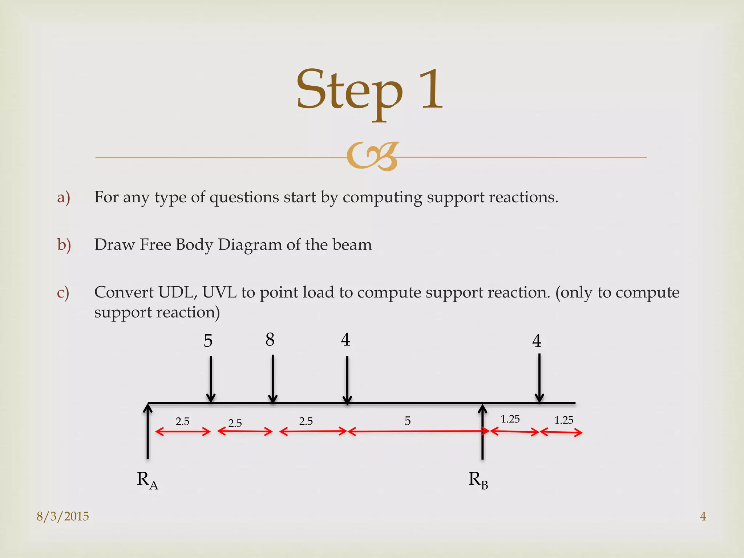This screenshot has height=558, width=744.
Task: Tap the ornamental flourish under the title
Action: point(372,157)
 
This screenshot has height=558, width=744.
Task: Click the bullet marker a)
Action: point(64,197)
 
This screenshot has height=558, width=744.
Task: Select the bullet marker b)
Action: point(64,245)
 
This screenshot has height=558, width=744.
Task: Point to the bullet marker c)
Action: point(63,292)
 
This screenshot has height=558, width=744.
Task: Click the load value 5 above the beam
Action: point(208,341)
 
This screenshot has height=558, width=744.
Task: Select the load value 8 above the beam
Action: point(270,340)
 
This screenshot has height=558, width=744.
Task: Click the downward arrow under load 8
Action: point(273,380)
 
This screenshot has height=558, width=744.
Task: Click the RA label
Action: point(147,480)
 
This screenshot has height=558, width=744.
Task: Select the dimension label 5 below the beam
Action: point(408,421)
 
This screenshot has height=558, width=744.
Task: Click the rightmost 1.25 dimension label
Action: point(563,420)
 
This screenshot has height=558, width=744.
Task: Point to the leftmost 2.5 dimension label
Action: point(182,421)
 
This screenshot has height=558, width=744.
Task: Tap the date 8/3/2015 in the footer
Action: point(63,516)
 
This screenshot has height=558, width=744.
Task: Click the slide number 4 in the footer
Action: point(703,516)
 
